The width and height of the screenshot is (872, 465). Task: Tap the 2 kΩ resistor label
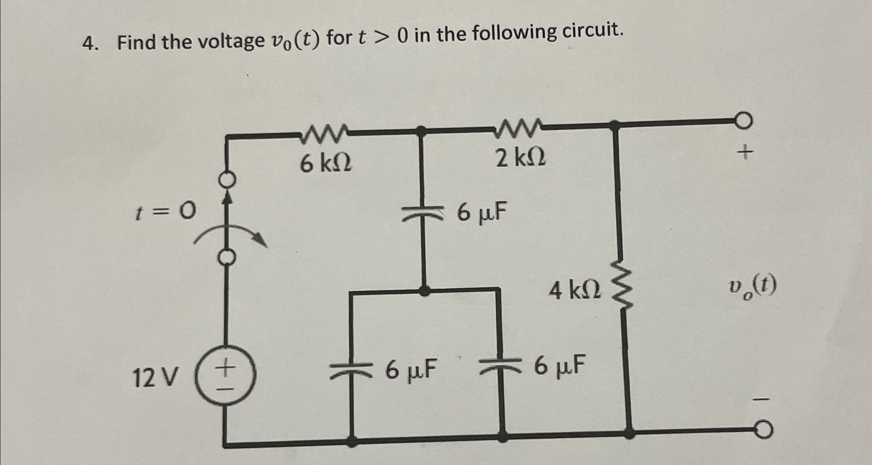(521, 158)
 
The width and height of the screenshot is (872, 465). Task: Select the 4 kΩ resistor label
(575, 291)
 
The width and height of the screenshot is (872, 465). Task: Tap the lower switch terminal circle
(228, 257)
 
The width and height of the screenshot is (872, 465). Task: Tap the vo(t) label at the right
(752, 288)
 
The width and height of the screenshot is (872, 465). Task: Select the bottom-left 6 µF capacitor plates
(351, 371)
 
